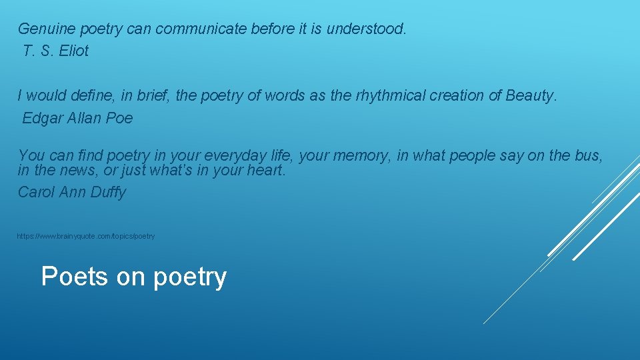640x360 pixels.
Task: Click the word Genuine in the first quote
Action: (46, 29)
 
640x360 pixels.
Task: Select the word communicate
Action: (203, 29)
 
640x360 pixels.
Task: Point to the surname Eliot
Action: (73, 51)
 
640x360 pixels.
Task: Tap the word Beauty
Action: (530, 96)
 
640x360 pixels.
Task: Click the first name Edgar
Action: (43, 119)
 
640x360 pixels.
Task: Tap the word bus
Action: (589, 156)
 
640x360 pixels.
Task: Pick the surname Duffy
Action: (108, 193)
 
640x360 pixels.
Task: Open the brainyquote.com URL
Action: (86, 237)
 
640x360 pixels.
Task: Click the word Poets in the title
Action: (74, 276)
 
